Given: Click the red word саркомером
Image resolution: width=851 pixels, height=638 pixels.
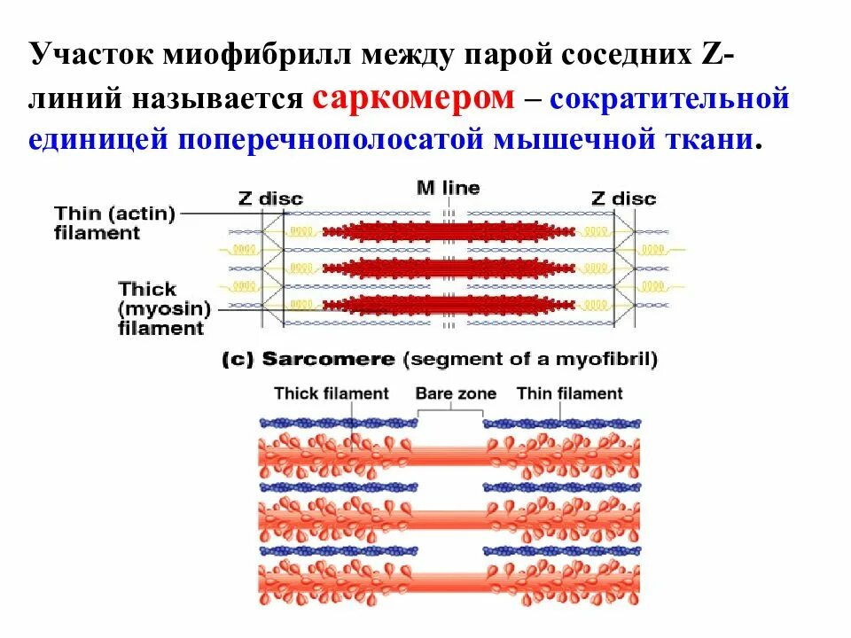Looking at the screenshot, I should click(x=413, y=97).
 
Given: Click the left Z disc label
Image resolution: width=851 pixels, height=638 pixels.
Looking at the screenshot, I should click(x=269, y=198).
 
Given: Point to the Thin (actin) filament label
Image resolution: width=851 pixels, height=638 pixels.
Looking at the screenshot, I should click(x=115, y=223).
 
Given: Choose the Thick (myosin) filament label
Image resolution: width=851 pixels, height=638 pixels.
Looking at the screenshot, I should click(x=163, y=308).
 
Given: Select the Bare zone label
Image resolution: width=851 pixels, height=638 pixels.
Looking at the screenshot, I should click(x=456, y=393).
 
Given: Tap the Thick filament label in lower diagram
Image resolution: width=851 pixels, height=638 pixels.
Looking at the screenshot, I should click(x=332, y=393).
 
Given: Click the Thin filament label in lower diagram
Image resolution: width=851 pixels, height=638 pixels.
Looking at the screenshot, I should click(x=569, y=393).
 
